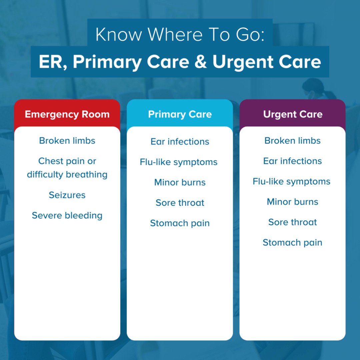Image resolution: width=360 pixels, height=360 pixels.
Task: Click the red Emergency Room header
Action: [x=67, y=114]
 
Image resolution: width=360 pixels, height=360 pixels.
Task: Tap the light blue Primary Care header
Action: [x=180, y=114]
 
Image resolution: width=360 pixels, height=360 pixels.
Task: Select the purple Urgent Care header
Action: [x=293, y=114]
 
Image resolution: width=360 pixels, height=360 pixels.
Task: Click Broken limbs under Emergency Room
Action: [x=67, y=141]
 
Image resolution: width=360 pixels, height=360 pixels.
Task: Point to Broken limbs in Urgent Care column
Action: [x=293, y=141]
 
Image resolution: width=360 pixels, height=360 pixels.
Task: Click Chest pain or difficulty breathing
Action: [x=67, y=168]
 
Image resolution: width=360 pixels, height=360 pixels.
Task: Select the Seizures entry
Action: [x=67, y=195]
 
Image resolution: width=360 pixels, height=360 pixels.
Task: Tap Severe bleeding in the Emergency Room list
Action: [x=67, y=215]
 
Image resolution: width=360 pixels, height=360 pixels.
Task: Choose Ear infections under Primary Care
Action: [x=180, y=141]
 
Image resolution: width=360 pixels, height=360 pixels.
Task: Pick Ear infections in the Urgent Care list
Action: [x=293, y=161]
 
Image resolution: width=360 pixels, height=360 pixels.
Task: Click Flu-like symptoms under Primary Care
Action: [x=179, y=162]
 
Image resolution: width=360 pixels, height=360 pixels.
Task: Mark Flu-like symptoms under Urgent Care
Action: [x=292, y=182]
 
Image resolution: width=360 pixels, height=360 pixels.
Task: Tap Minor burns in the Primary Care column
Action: [x=180, y=182]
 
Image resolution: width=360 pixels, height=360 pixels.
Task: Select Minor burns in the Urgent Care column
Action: [x=293, y=202]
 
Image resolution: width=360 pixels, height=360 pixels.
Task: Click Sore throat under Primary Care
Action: [x=180, y=203]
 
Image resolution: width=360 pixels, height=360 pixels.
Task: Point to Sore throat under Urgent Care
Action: [x=293, y=222]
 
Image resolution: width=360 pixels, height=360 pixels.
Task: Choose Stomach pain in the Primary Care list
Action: [x=180, y=223]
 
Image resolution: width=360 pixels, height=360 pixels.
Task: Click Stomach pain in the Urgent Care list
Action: [x=293, y=242]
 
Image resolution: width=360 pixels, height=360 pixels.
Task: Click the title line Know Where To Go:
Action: [x=180, y=34]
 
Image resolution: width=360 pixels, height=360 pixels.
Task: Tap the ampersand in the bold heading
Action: [x=200, y=62]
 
